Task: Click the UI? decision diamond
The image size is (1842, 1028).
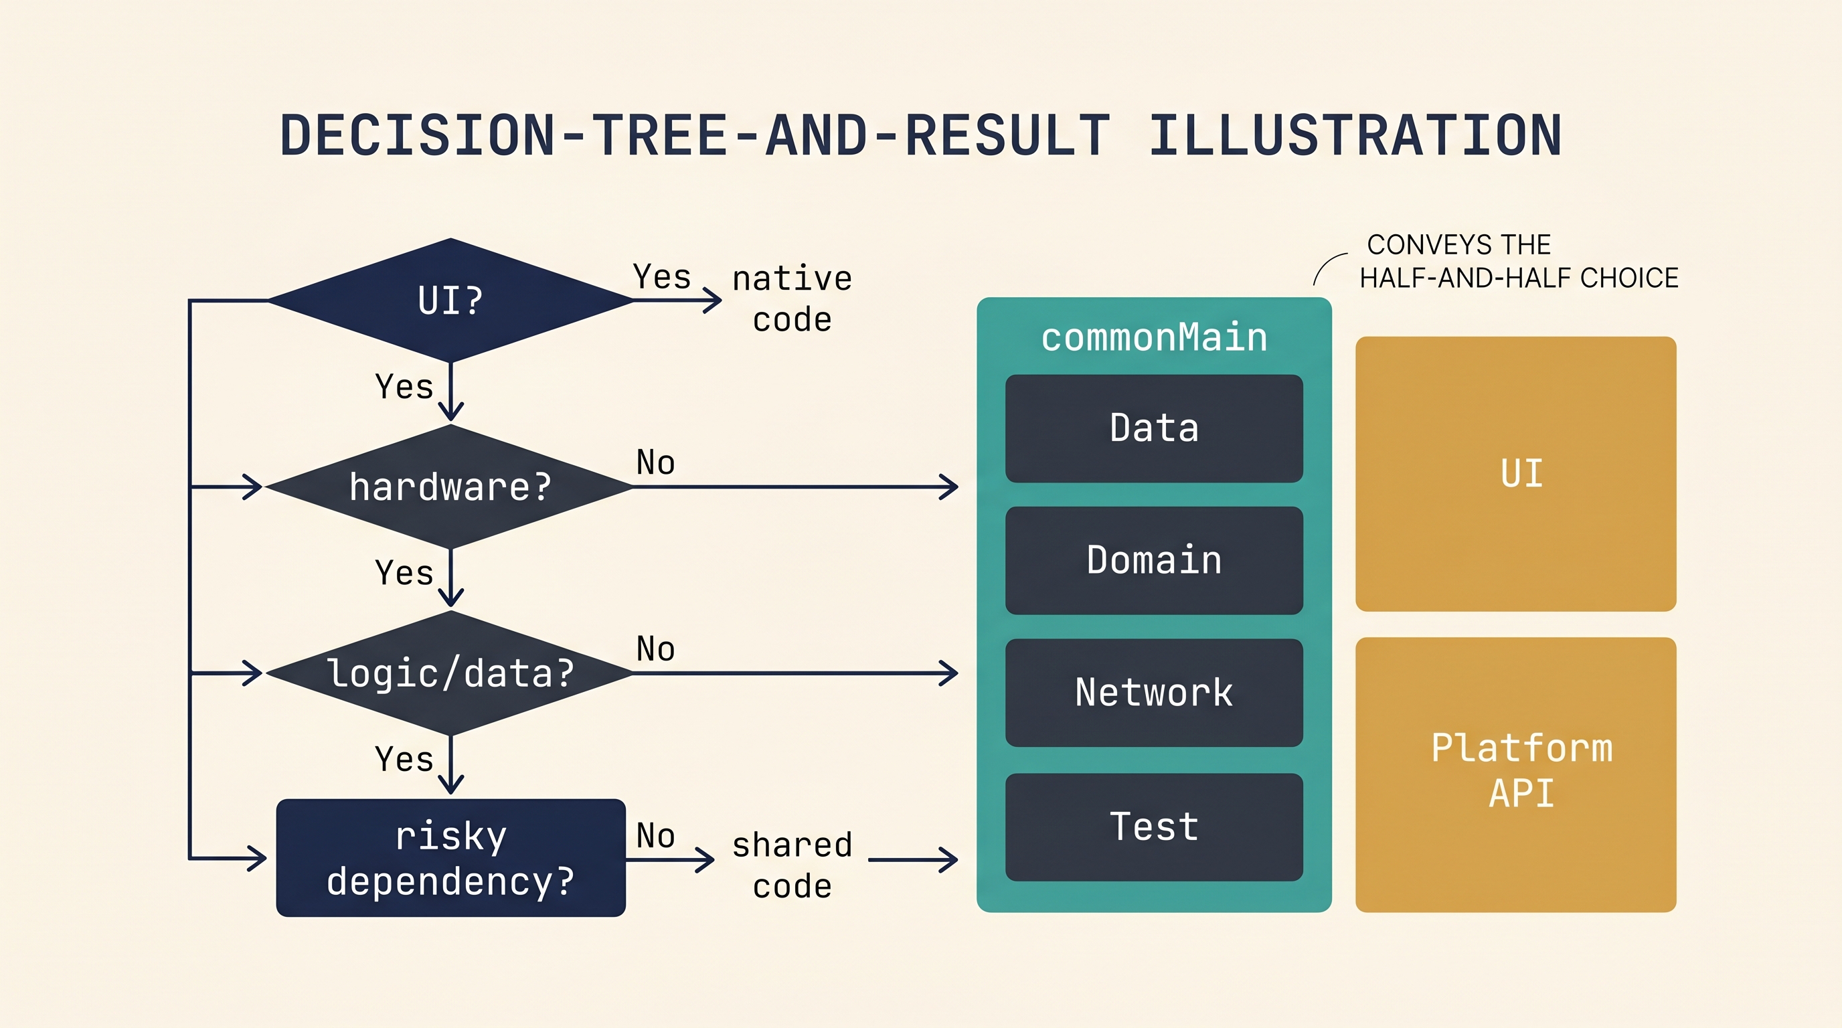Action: pos(450,301)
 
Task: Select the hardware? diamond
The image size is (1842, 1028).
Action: pos(450,487)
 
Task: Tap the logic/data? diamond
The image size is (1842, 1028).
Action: pos(450,673)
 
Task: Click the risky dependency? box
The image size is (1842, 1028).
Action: pos(450,858)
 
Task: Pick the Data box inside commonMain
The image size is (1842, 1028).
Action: pos(1154,428)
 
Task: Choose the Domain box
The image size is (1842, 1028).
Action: pos(1154,560)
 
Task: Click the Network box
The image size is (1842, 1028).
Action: pos(1154,693)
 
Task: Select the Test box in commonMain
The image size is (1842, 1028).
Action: pos(1154,827)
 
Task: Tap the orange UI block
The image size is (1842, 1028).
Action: pos(1516,474)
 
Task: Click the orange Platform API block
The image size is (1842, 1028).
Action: pos(1516,775)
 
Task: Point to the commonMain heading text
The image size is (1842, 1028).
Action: pos(1154,337)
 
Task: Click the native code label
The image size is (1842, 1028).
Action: pos(792,298)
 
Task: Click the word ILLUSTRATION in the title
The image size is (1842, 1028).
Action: pos(1355,135)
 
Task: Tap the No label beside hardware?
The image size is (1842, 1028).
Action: pos(656,462)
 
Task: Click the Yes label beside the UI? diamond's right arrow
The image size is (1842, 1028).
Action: pos(662,276)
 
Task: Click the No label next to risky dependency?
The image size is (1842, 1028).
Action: pos(656,836)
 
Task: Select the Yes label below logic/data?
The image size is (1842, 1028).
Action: pos(405,759)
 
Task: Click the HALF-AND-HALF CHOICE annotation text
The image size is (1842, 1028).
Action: pos(1519,278)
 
